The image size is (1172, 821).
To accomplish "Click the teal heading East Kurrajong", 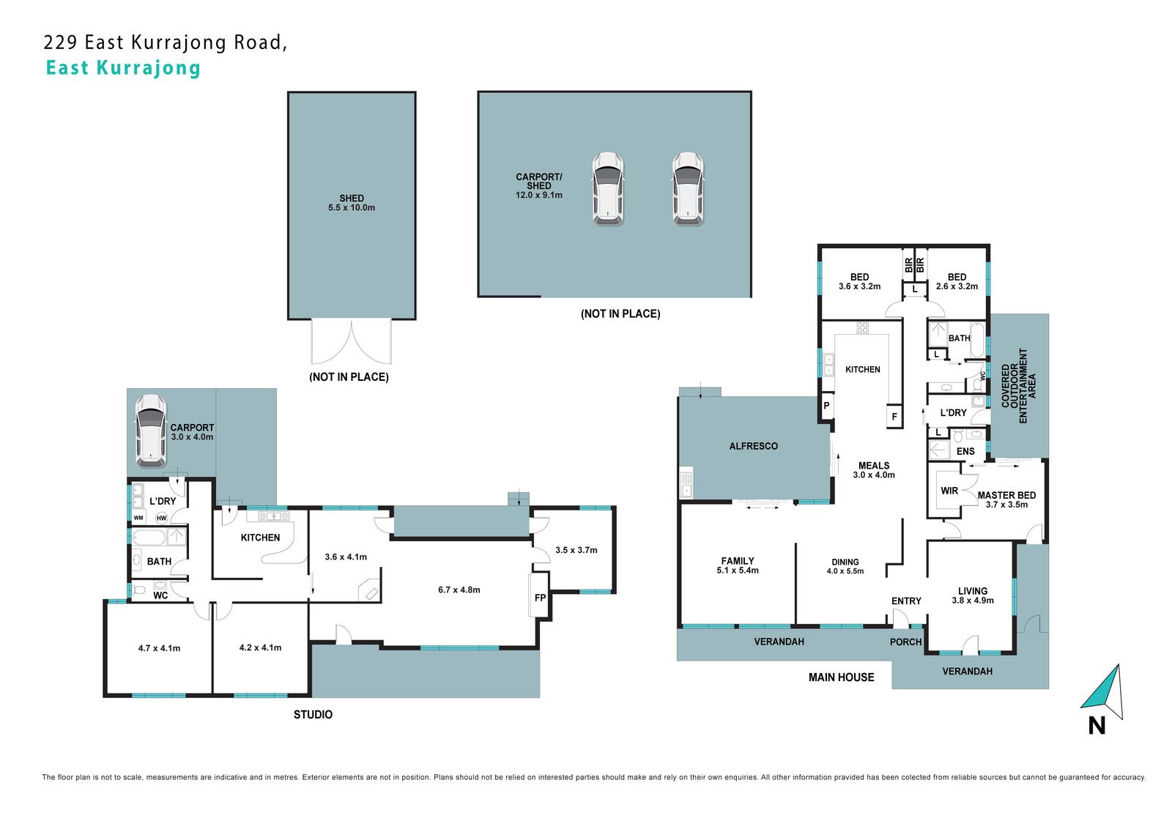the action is coord(124,68).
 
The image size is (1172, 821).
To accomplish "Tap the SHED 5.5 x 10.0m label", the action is coord(352,203).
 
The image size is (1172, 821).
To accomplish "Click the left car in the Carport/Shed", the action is coord(607,189).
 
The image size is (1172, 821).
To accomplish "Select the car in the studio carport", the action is coord(151,430).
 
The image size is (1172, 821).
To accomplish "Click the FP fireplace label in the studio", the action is coord(540,597).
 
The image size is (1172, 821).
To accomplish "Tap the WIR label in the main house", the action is coord(949,491).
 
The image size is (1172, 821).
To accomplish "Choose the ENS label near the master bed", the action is coord(965,451).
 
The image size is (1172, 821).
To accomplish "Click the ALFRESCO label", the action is coord(754,446).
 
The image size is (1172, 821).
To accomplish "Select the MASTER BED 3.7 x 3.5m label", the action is coord(1006,499).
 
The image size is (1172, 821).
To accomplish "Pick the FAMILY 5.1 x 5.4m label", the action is coord(738,565).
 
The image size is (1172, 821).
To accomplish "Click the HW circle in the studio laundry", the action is coord(162,518).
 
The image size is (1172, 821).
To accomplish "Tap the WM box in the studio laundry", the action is coord(138,518).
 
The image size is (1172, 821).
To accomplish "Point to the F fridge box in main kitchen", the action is coord(894,417).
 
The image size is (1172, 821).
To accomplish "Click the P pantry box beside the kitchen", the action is coord(827,405).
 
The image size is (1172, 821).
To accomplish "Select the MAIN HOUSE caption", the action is coord(842,677).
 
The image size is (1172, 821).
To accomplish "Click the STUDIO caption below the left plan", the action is coord(313,714).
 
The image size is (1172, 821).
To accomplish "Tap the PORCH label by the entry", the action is coord(905,642).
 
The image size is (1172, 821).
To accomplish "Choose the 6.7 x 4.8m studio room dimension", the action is coord(459,590).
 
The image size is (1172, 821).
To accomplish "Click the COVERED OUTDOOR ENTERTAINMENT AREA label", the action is coord(1018,386).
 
